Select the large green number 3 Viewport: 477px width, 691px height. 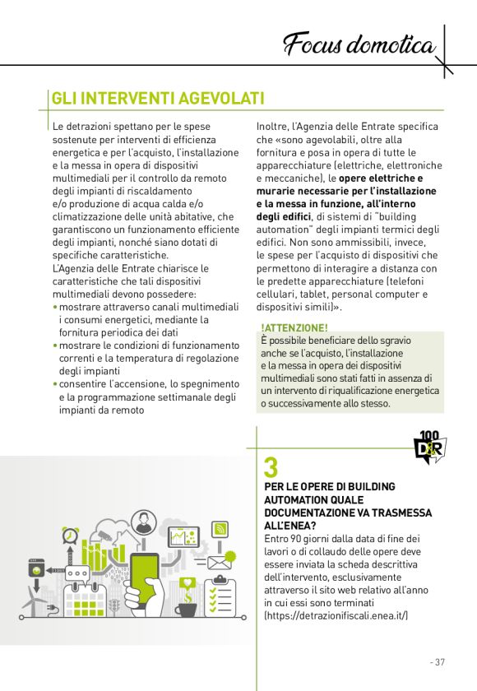270,467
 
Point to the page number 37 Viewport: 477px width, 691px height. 438,661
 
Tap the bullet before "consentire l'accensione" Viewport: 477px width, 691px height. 55,384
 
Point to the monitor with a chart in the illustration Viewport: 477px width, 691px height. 179,537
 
